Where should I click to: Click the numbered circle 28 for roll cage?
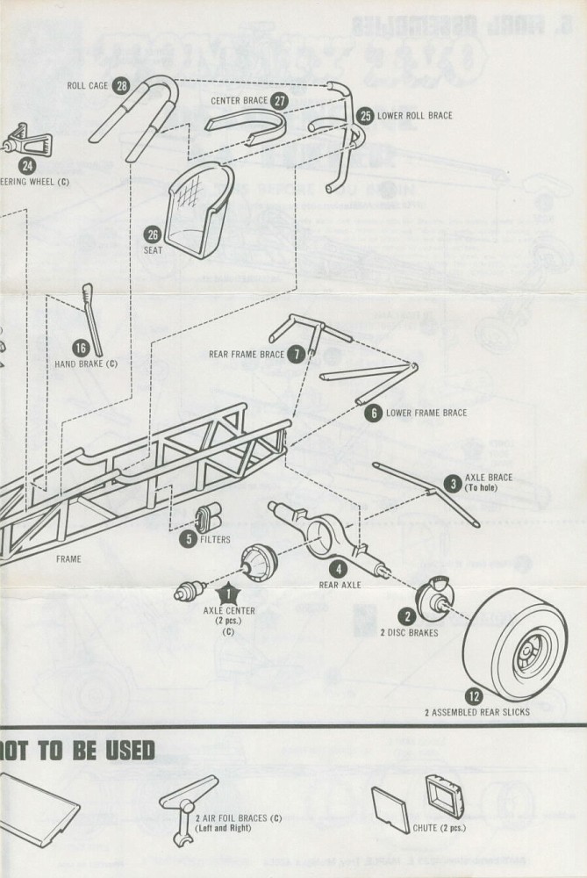[121, 85]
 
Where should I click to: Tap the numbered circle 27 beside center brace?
[280, 100]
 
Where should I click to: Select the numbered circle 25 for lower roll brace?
[365, 115]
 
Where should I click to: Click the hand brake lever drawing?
[93, 316]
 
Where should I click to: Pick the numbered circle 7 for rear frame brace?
[297, 354]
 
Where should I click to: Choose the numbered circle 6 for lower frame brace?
[373, 413]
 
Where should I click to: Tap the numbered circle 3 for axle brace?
[452, 483]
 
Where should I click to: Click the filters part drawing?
[210, 518]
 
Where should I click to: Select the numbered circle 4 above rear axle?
[339, 568]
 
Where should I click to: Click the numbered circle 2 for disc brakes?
[407, 616]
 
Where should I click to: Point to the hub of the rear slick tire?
[528, 654]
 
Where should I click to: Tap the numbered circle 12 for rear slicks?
[474, 696]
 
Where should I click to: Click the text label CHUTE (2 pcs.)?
[439, 827]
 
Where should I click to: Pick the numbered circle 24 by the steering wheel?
[27, 164]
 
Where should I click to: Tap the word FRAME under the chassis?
[68, 558]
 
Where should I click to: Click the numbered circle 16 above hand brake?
[82, 348]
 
